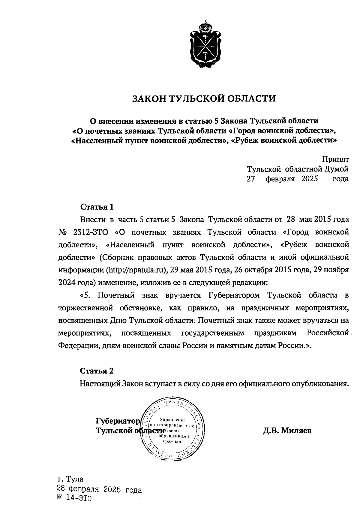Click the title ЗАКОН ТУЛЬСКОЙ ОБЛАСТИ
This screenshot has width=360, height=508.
tap(204, 98)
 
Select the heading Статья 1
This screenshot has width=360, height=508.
tap(97, 207)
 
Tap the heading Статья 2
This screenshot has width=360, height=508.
tap(97, 371)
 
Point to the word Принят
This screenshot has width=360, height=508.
tap(335, 159)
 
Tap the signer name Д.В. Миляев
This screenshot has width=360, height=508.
tap(287, 431)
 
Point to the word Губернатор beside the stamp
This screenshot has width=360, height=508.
tap(118, 421)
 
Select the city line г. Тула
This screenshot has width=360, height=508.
tap(71, 479)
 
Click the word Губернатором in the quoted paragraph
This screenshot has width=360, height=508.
tap(234, 295)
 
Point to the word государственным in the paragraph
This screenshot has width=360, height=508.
tap(212, 333)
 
